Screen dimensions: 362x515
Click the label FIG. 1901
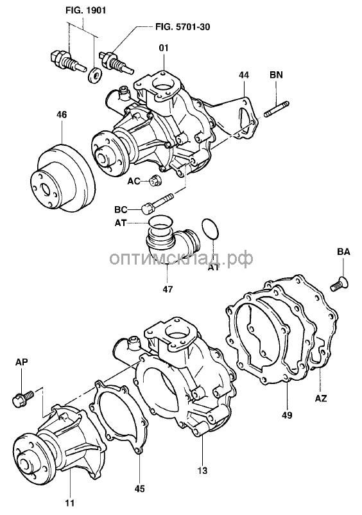[x=85, y=10]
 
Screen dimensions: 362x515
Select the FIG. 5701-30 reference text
[x=182, y=27]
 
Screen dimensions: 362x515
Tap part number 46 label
[x=62, y=115]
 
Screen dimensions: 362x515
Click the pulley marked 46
[x=63, y=179]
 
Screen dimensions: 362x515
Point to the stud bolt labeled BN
[x=277, y=109]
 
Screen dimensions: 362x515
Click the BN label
[x=276, y=75]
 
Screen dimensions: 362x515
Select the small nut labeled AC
[x=155, y=180]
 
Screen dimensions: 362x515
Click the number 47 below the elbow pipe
[x=168, y=290]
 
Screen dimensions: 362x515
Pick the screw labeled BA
[x=340, y=284]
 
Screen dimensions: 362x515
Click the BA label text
[x=343, y=252]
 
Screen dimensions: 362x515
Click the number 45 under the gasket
[x=140, y=489]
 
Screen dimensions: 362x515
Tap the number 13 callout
[x=203, y=471]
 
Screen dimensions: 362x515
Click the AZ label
[x=321, y=398]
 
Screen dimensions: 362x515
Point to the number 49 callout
[x=287, y=415]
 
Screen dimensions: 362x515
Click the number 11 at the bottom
[x=69, y=503]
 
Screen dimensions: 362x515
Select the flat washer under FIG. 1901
[x=95, y=75]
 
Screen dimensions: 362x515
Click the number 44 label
[x=244, y=75]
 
